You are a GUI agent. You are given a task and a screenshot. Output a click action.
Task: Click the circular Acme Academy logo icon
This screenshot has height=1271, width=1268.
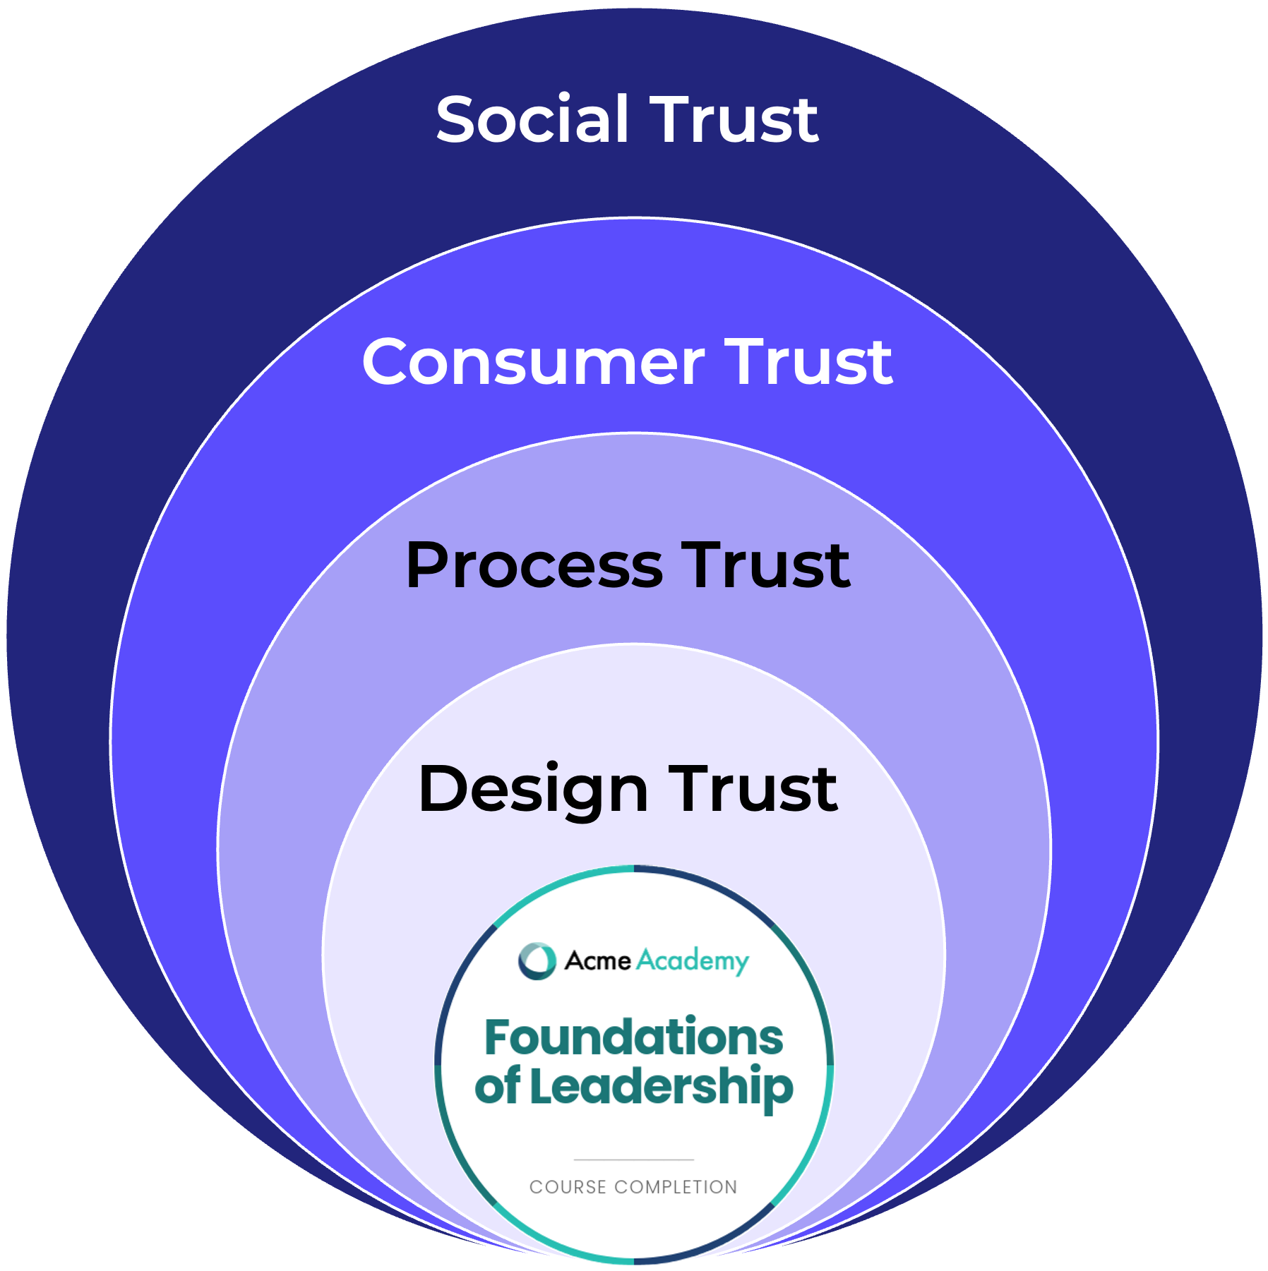[x=537, y=960]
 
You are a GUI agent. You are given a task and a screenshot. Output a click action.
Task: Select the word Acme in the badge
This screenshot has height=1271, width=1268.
[x=597, y=960]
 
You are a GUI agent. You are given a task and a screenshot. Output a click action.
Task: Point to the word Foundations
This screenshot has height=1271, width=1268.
[x=633, y=1037]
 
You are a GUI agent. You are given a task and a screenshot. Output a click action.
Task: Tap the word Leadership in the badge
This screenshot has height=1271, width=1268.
[x=662, y=1088]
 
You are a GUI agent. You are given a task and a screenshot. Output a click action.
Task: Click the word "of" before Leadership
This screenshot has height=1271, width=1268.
[x=498, y=1088]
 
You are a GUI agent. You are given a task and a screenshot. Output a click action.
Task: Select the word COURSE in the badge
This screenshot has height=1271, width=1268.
[x=568, y=1187]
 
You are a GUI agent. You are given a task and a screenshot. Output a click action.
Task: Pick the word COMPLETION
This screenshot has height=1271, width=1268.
[x=676, y=1187]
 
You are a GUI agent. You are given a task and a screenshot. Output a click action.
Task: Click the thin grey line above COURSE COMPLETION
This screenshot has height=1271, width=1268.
[x=633, y=1159]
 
